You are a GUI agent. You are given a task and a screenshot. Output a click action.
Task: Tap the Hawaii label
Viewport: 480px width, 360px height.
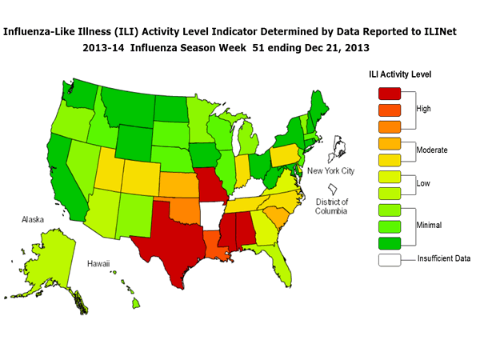[x=99, y=263]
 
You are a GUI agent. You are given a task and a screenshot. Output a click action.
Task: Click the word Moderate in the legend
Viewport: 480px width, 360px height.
[x=433, y=150]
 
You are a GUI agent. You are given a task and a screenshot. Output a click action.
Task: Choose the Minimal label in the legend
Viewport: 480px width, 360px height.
[x=430, y=226]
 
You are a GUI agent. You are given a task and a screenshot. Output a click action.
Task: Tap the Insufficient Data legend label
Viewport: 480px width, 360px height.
[x=443, y=258]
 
